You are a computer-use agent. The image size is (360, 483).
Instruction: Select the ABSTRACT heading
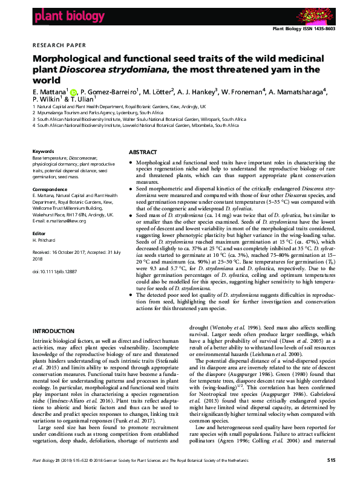click(143, 152)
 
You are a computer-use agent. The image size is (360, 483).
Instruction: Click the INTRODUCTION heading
click(53, 331)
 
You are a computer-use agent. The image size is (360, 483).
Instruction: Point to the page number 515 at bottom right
click(331, 476)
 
